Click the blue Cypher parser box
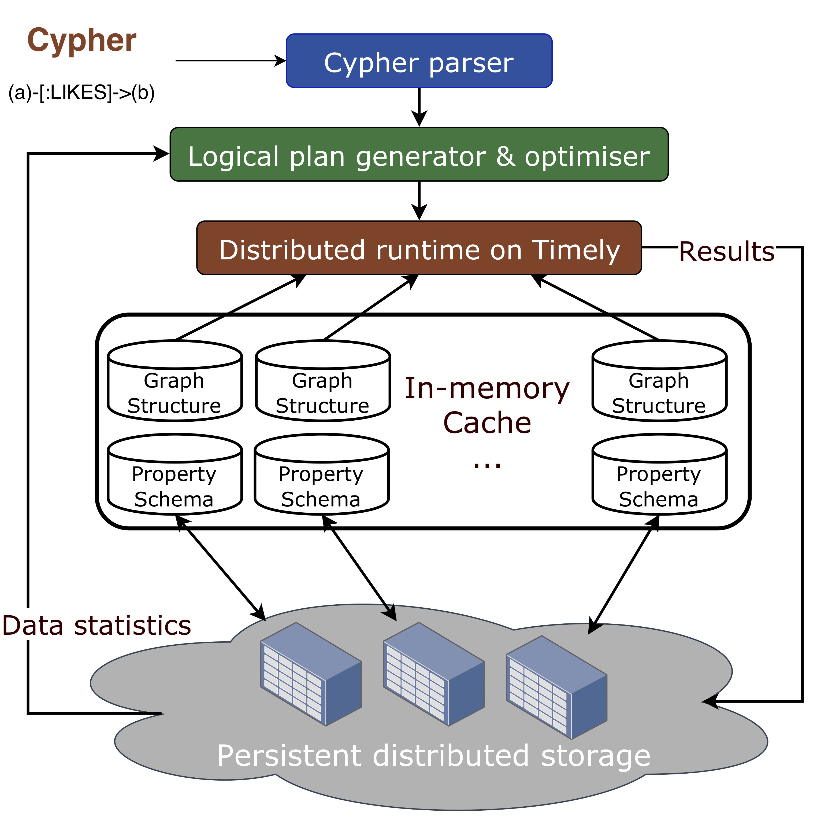pos(418,61)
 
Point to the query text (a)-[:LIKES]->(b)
pos(81,93)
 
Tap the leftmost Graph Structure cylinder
pos(174,381)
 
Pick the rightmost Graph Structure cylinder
pos(659,381)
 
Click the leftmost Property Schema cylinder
pos(174,474)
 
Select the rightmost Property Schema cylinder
pos(659,474)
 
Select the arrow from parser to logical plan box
pos(419,107)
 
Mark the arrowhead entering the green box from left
pos(162,154)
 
